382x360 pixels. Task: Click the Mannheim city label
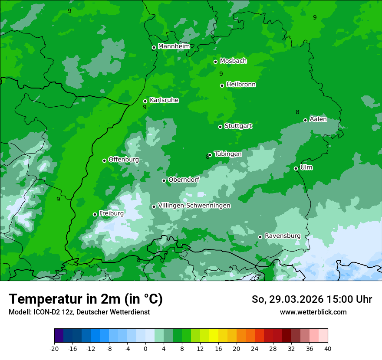tap(174, 46)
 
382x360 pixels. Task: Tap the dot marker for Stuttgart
tap(220, 127)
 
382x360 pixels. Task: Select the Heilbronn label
tap(241, 85)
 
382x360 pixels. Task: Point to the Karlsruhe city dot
tap(145, 101)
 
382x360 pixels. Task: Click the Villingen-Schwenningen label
tap(194, 206)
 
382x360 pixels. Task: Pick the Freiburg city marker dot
tap(95, 214)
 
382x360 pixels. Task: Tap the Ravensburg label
tap(282, 236)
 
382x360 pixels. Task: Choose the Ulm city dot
tap(296, 168)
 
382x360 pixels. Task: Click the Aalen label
tap(318, 119)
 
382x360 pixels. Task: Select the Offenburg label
tap(123, 160)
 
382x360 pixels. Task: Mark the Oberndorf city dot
tap(164, 180)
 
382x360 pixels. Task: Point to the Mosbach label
tap(233, 61)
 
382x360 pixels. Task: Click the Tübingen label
tap(228, 154)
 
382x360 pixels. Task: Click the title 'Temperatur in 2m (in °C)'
tap(86, 299)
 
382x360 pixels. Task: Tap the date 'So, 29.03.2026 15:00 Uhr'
tap(312, 299)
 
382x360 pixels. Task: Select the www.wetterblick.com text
tap(313, 312)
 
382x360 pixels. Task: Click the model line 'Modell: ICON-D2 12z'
tap(79, 312)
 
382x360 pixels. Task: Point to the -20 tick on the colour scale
tap(54, 349)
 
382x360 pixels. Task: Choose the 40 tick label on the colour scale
tap(328, 349)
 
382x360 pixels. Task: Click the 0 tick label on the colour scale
tap(145, 349)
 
